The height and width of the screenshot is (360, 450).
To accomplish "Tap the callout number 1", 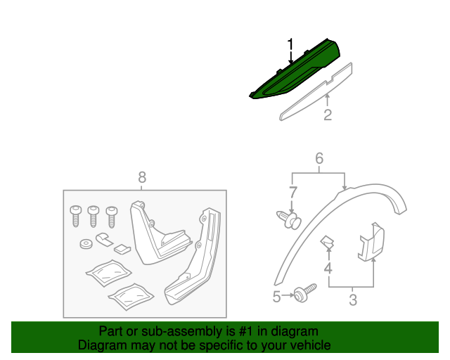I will click(290, 46).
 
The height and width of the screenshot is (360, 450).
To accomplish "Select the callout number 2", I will click(328, 115).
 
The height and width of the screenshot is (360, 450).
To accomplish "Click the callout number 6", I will click(319, 159).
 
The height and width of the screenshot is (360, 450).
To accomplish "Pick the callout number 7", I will click(294, 191).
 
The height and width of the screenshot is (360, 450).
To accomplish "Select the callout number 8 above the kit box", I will click(142, 178).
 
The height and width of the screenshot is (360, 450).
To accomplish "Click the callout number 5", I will click(277, 297).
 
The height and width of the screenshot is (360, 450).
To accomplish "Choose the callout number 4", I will click(328, 268).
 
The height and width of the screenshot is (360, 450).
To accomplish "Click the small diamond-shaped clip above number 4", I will click(328, 243).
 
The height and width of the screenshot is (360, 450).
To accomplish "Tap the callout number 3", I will click(353, 301).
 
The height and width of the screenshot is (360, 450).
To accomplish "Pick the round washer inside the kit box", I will click(86, 245).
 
